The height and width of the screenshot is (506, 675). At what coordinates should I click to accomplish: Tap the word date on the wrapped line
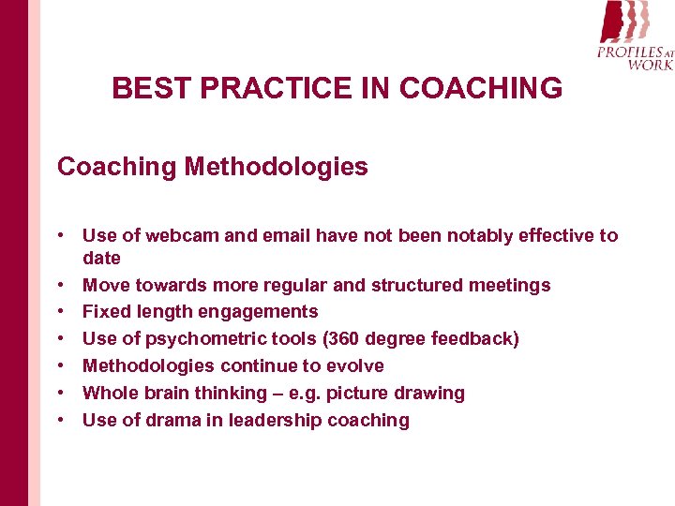coord(101,258)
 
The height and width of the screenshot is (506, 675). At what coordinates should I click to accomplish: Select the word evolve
coord(352,365)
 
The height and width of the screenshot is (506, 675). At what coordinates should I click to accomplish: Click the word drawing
coord(430,393)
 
